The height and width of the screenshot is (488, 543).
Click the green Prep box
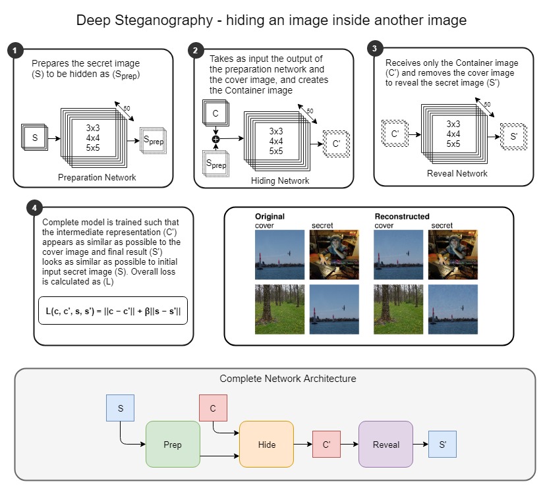pos(173,444)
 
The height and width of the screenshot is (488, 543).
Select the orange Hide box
pos(266,444)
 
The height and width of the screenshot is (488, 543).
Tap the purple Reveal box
pos(386,444)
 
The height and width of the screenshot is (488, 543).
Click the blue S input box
pos(120,408)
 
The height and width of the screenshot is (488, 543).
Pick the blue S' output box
pos(442,445)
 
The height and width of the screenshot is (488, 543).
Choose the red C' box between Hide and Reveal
pos(326,445)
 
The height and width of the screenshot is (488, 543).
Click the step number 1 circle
pos(14,50)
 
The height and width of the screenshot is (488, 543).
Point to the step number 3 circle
pos(374,48)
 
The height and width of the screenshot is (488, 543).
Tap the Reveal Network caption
pos(458,173)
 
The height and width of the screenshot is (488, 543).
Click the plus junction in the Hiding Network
pos(214,140)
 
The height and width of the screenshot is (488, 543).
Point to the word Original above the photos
pos(271,216)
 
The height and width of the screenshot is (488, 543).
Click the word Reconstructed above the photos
pos(402,216)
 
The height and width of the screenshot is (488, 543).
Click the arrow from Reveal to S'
pos(420,445)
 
